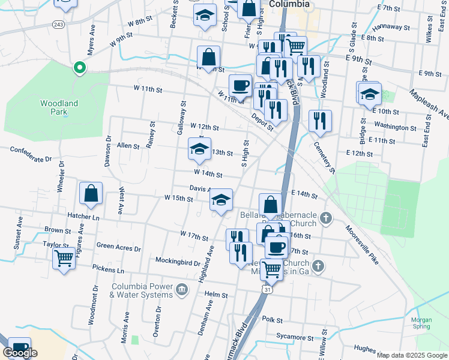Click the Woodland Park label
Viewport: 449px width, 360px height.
59,107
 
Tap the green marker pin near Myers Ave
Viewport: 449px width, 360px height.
78,67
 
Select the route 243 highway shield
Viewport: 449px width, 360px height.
58,25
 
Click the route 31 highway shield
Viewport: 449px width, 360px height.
267,290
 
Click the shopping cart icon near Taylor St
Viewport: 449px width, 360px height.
64,259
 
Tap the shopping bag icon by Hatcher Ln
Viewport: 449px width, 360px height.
91,193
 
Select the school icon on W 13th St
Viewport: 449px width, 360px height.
200,149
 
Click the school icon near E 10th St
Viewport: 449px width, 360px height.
370,94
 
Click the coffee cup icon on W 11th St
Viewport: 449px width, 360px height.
240,85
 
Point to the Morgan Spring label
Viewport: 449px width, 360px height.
421,323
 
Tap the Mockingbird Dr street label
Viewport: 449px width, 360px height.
178,263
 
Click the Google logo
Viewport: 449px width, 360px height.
20,353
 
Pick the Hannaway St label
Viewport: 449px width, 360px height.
391,28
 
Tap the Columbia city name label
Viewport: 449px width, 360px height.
289,4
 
